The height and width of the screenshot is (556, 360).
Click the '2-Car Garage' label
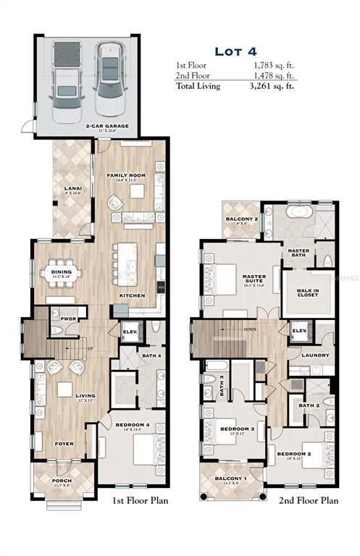[106, 126]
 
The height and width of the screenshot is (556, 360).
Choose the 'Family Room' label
[127, 176]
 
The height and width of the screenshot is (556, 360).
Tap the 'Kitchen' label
[132, 295]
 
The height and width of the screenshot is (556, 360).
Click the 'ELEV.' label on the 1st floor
[129, 332]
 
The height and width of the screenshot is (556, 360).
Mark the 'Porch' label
[61, 480]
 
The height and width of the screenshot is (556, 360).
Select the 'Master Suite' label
[256, 277]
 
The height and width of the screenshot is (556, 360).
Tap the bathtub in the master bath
[298, 214]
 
